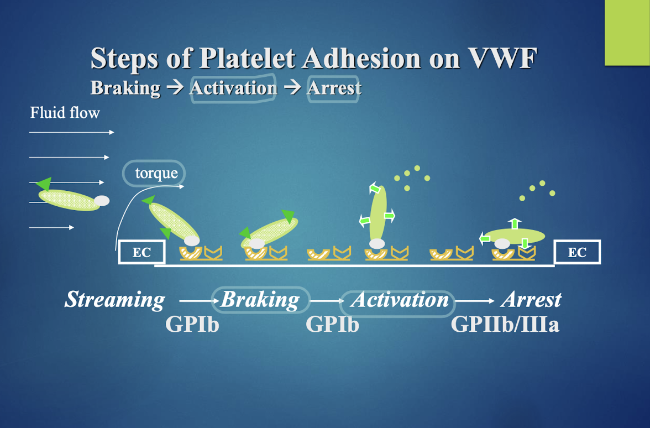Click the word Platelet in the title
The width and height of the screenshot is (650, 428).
pos(247,58)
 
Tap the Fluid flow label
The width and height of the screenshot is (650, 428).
pos(65,113)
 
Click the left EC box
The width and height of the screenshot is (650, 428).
pos(141,252)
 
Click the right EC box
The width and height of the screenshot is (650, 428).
pos(577,252)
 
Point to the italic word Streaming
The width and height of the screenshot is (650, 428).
pos(115,300)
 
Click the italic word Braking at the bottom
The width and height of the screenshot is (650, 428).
pos(260,300)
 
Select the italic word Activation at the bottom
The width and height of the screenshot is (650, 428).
pos(400,300)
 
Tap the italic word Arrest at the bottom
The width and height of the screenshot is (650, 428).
pos(532,300)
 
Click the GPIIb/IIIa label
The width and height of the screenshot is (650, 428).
pos(505,324)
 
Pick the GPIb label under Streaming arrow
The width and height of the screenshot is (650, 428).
pos(192,324)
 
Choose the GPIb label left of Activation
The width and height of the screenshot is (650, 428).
pos(333,324)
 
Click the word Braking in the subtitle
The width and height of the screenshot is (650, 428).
pos(125,88)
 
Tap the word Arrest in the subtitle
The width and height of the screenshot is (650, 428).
pos(334,88)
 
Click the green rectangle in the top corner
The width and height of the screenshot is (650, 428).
pos(627,33)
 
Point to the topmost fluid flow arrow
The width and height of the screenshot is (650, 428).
pos(71,132)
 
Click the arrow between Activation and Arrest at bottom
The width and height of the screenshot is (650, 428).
pos(475,301)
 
